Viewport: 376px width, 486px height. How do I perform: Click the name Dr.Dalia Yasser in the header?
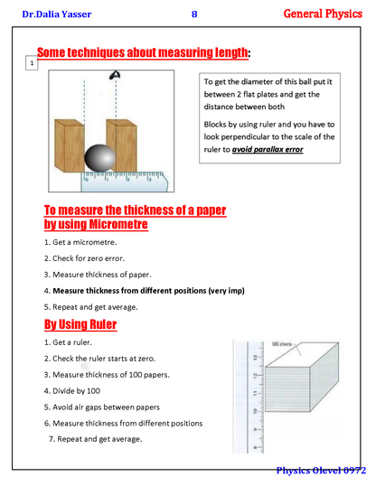click(56, 14)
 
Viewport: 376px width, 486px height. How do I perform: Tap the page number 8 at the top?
click(194, 14)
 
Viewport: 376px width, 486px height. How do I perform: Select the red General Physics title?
click(323, 14)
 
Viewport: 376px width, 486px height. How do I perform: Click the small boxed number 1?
click(32, 63)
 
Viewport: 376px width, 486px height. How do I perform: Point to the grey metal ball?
click(100, 158)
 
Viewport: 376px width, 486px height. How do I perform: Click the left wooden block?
click(70, 145)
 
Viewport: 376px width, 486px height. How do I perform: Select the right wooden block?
click(122, 145)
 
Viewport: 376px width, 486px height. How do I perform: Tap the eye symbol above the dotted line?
click(115, 75)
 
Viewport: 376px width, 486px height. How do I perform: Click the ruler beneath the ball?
click(124, 182)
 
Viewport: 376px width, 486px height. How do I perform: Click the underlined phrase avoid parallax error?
click(268, 149)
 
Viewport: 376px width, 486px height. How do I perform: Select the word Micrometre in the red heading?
click(118, 224)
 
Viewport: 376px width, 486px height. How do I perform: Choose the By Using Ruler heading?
click(80, 324)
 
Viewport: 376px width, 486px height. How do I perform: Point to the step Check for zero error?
click(84, 258)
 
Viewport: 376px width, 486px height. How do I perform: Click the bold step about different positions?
click(145, 291)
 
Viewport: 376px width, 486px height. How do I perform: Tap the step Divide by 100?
click(72, 391)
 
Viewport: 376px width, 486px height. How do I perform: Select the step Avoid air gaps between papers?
click(102, 407)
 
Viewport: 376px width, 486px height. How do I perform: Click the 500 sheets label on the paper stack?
click(282, 344)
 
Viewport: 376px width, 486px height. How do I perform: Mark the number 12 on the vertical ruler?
click(255, 376)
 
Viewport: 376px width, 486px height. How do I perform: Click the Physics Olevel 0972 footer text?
click(321, 471)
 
